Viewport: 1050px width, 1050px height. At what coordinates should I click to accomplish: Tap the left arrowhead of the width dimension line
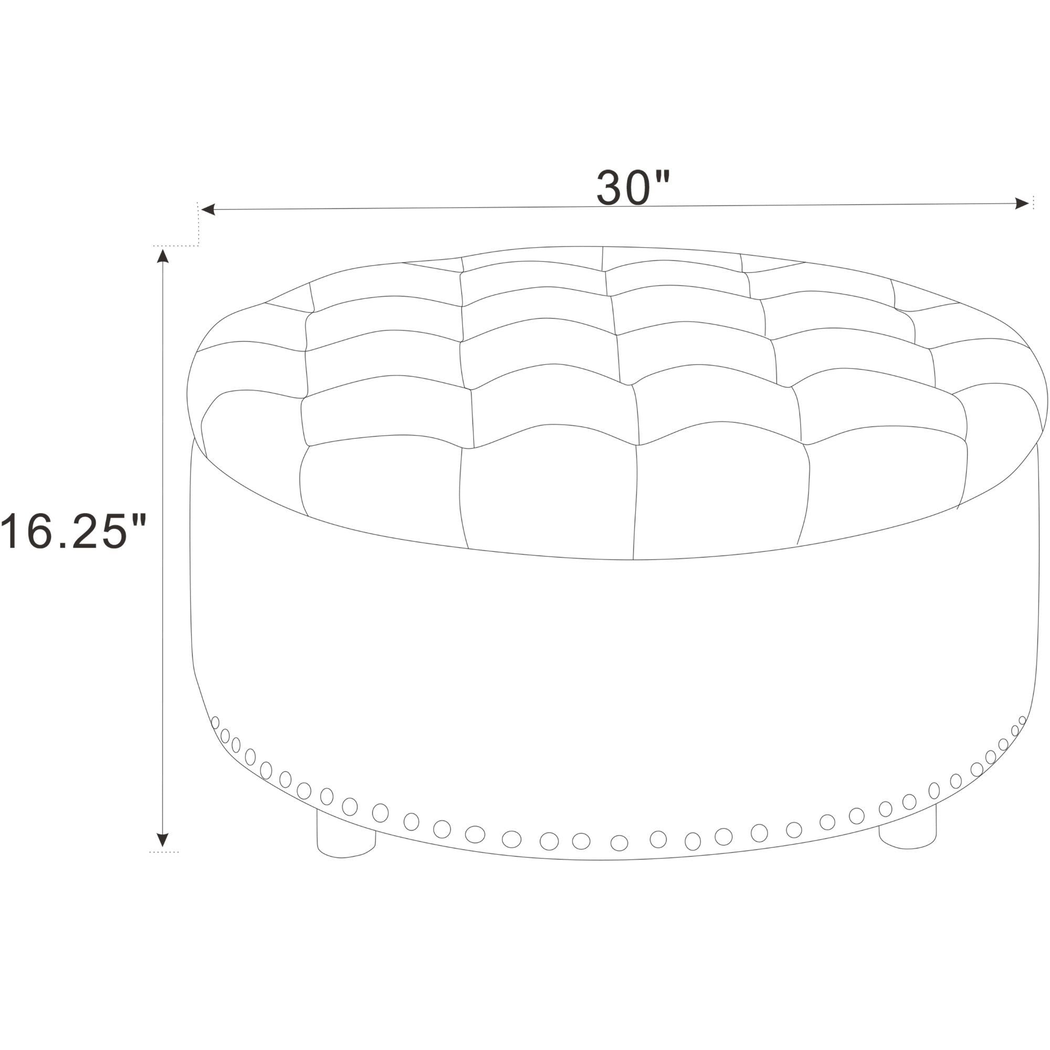[208, 209]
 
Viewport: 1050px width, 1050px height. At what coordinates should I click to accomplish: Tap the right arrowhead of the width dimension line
[1022, 204]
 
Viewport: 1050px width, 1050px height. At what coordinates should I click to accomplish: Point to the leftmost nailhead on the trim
[215, 722]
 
